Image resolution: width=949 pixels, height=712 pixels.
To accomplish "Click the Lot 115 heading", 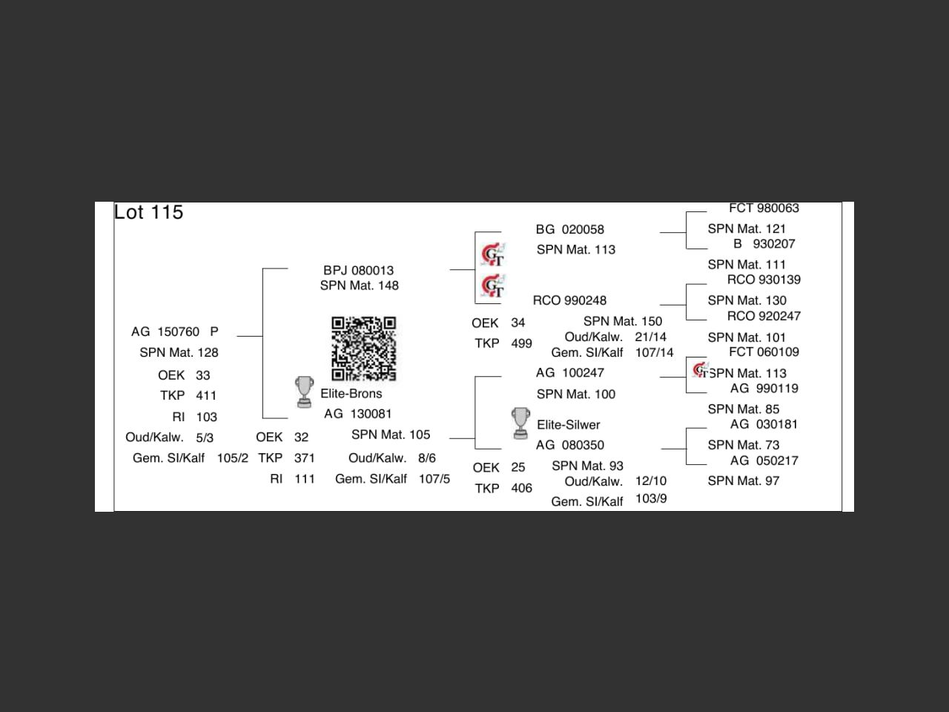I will pyautogui.click(x=148, y=213).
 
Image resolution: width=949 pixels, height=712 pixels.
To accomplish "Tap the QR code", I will pyautogui.click(x=363, y=349).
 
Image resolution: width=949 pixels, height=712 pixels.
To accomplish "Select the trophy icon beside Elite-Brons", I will pyautogui.click(x=304, y=392).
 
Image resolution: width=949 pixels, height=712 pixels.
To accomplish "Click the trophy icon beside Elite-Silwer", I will pyautogui.click(x=520, y=423).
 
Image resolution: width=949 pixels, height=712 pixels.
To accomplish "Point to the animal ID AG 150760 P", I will pyautogui.click(x=175, y=332).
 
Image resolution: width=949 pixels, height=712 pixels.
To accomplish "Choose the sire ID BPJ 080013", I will pyautogui.click(x=358, y=271).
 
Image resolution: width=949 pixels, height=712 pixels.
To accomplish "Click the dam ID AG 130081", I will pyautogui.click(x=357, y=414).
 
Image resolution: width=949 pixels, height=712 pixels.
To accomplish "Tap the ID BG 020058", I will pyautogui.click(x=569, y=230).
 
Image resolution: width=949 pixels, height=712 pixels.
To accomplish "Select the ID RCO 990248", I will pyautogui.click(x=569, y=300).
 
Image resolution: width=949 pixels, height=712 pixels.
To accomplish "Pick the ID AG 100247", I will pyautogui.click(x=569, y=373).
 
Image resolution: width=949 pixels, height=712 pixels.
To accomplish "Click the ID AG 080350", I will pyautogui.click(x=569, y=445).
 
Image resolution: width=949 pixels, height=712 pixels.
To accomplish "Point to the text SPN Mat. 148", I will pyautogui.click(x=359, y=286).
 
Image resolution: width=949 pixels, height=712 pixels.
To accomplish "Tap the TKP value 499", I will pyautogui.click(x=521, y=343).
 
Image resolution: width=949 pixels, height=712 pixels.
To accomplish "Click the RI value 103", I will pyautogui.click(x=206, y=417).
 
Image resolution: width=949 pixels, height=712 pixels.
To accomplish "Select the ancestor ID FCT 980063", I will pyautogui.click(x=764, y=208).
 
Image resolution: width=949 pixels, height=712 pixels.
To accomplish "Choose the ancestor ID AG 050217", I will pyautogui.click(x=764, y=461).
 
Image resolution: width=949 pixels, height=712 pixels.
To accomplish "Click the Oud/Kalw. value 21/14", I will pyautogui.click(x=650, y=337).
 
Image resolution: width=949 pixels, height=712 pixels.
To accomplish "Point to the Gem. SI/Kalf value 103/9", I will pyautogui.click(x=651, y=499).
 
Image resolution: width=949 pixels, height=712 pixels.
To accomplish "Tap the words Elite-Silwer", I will pyautogui.click(x=568, y=425).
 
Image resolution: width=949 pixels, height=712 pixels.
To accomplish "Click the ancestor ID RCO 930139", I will pyautogui.click(x=764, y=280).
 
